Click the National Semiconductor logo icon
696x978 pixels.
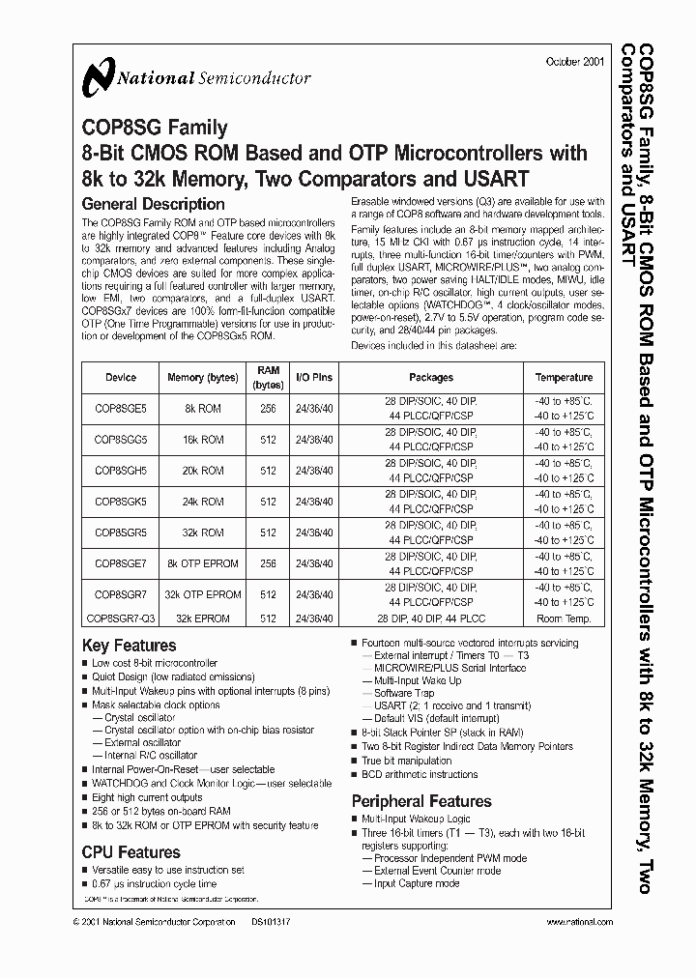(x=98, y=78)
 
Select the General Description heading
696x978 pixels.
(x=153, y=204)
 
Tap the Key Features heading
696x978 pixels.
(x=130, y=645)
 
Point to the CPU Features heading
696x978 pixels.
(x=131, y=851)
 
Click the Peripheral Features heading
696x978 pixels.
(x=420, y=800)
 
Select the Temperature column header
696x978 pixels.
(x=564, y=378)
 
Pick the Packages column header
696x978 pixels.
(x=430, y=378)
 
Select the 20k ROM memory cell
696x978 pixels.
(x=201, y=472)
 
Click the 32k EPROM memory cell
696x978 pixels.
(x=203, y=618)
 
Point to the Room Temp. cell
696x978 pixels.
(x=564, y=618)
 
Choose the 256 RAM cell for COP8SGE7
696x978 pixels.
(x=268, y=563)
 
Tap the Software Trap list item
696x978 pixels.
(x=404, y=693)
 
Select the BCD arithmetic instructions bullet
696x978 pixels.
(x=420, y=774)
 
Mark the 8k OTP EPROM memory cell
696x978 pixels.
(x=203, y=563)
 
